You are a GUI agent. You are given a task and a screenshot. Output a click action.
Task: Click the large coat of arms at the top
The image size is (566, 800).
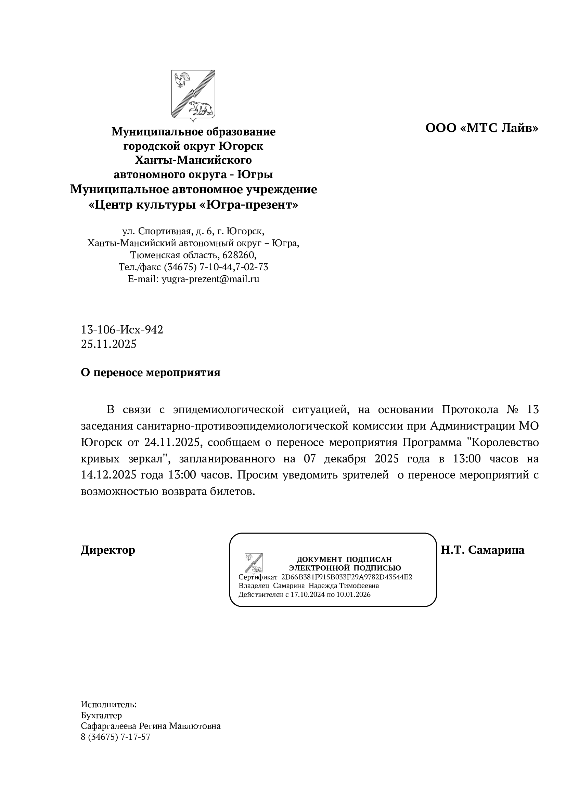pos(193,95)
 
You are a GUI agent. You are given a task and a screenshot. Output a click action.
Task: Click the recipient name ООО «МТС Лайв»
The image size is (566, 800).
pos(482,128)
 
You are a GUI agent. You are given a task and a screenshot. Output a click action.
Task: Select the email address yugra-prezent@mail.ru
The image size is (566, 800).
pos(210,279)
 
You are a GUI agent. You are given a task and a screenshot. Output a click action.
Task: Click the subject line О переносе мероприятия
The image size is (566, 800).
pos(151,372)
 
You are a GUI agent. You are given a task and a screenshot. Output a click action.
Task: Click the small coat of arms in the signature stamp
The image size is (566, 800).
pos(254,563)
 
